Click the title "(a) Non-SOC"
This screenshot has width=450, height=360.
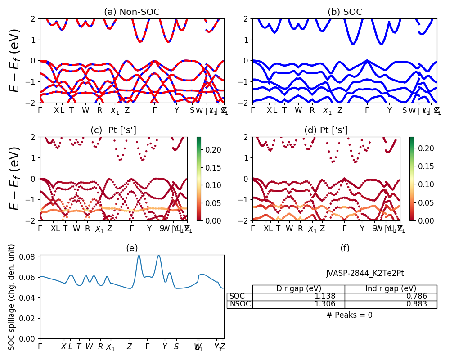tap(131, 12)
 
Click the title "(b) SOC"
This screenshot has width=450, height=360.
tap(345, 12)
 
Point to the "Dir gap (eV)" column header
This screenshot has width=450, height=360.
tap(299, 289)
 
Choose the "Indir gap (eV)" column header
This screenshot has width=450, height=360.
tap(391, 289)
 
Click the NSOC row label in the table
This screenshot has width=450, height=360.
tap(240, 304)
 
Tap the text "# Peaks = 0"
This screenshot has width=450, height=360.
tap(349, 315)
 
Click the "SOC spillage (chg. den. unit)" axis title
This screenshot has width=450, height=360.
tap(12, 297)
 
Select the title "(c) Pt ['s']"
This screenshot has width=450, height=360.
tap(113, 130)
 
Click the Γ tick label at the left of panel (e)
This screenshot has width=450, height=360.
tap(40, 347)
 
